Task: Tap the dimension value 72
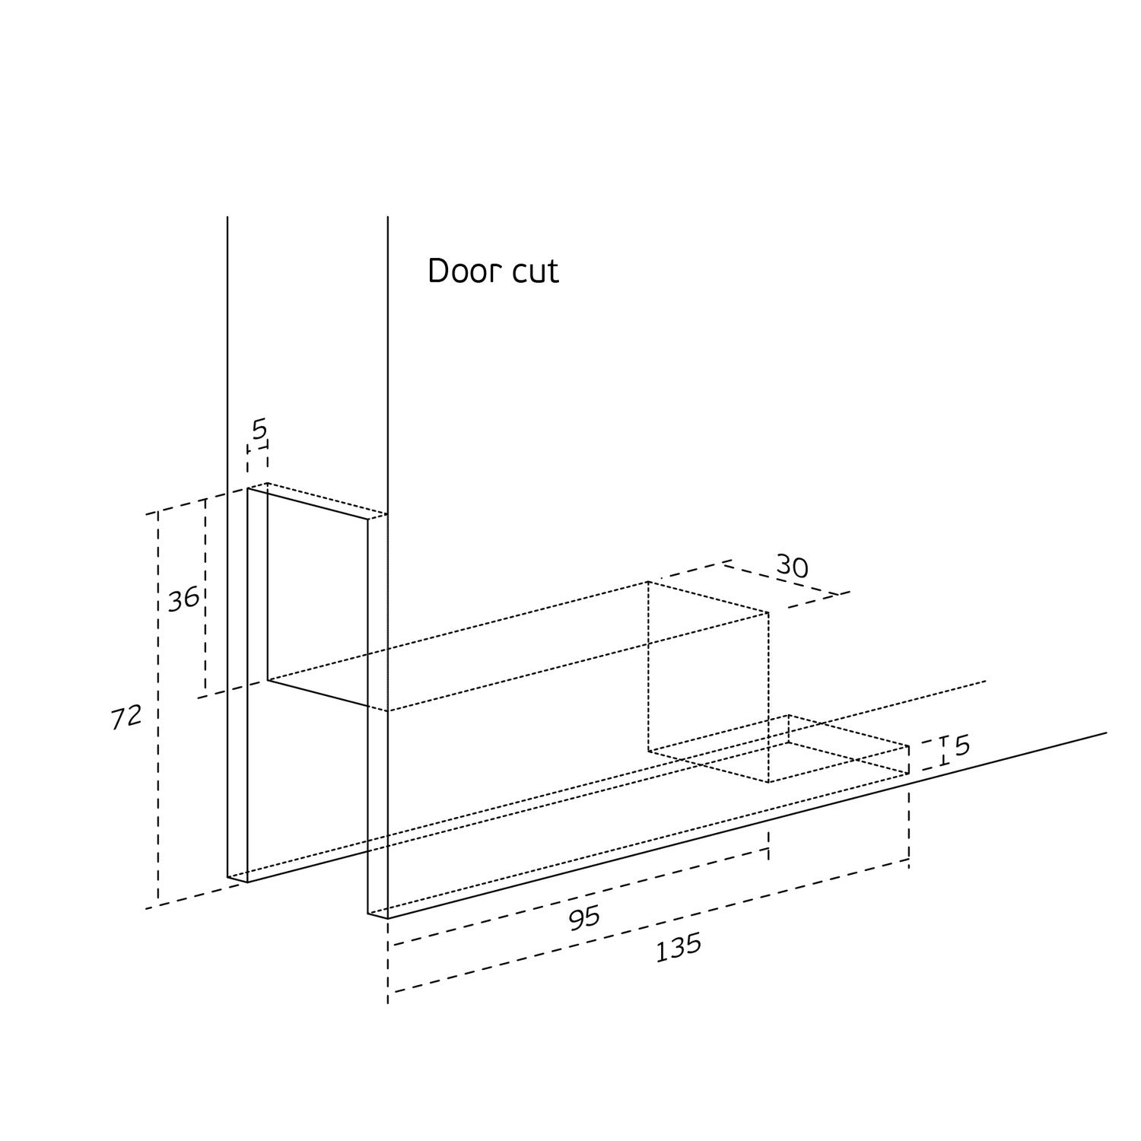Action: point(126,717)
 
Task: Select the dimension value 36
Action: point(183,599)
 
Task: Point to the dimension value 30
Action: point(792,567)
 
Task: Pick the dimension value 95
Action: point(584,918)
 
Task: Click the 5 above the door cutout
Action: point(259,431)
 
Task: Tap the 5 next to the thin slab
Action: point(961,746)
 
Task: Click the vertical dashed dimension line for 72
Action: point(158,707)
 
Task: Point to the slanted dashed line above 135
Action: point(647,926)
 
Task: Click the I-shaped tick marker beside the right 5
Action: point(943,750)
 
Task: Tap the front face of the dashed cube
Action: point(708,682)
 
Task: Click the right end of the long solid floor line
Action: point(1105,733)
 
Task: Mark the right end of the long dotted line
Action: point(985,682)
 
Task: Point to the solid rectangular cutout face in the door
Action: point(318,597)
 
